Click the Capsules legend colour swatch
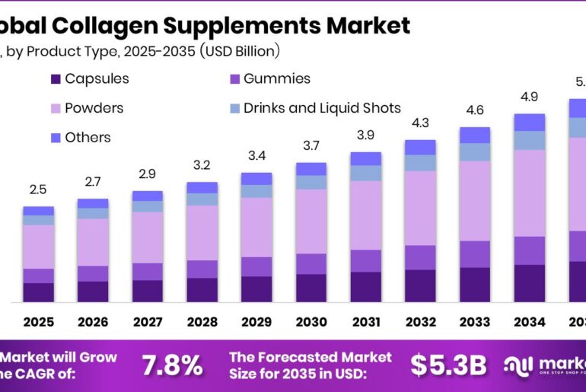[x=55, y=79]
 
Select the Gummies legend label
[x=277, y=79]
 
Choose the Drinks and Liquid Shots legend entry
[x=322, y=108]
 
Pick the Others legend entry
[x=88, y=138]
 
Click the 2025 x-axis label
[x=38, y=322]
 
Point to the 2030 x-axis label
[x=311, y=322]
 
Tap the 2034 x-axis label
[x=529, y=322]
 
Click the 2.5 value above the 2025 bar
[x=38, y=190]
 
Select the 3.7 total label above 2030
[x=311, y=145]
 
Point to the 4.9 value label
[x=529, y=97]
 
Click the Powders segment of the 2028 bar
[x=202, y=232]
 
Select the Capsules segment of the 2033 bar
[x=474, y=285]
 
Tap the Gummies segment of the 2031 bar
[x=365, y=260]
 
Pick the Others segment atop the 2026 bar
[x=93, y=203]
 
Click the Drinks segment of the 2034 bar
[x=529, y=140]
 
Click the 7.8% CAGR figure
[x=172, y=365]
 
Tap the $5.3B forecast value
[x=448, y=365]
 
